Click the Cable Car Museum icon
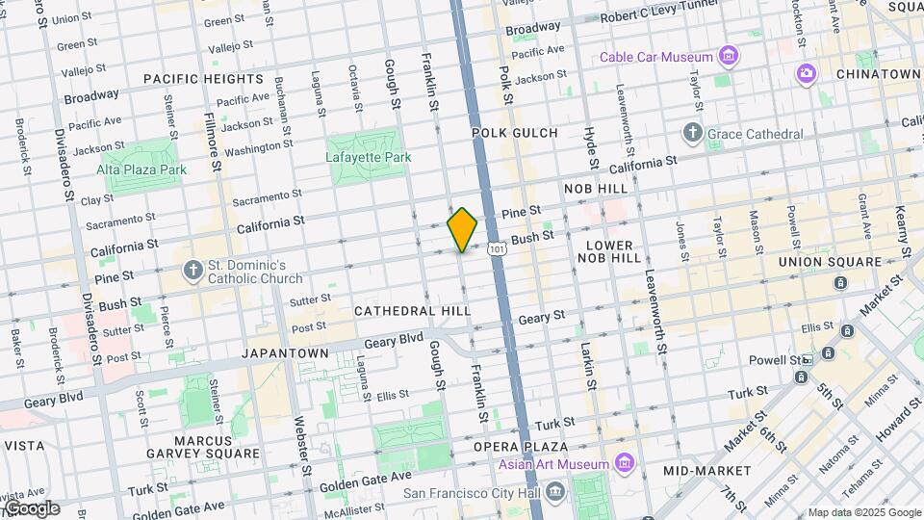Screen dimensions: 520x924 (730, 57)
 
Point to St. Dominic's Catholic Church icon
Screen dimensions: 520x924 (193, 271)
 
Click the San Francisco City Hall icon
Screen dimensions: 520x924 (554, 493)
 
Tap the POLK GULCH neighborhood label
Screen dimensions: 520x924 (514, 132)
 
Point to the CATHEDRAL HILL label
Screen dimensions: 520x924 (412, 311)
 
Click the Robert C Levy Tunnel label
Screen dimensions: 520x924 (666, 17)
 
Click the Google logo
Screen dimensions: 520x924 (31, 507)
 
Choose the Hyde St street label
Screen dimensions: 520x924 (591, 146)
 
